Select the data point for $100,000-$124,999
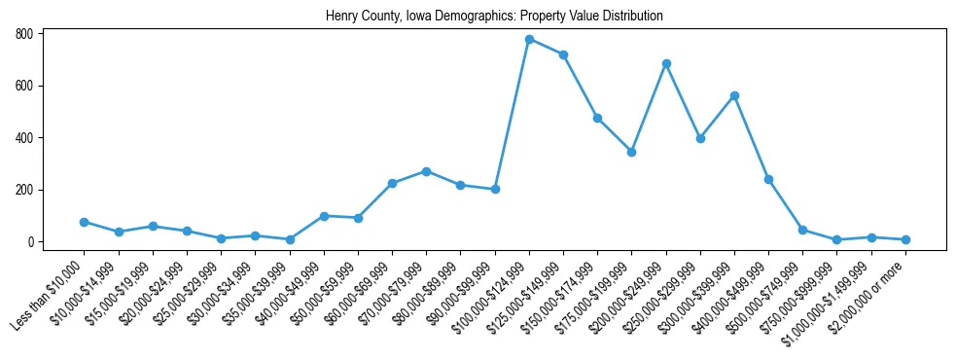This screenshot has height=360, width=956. click(x=529, y=39)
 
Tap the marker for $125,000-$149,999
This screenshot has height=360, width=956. click(x=563, y=54)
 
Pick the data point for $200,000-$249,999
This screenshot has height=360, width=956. click(x=666, y=63)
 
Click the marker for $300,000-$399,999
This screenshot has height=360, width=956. click(x=734, y=95)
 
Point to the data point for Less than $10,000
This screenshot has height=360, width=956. click(x=84, y=222)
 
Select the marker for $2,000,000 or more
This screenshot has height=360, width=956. click(x=905, y=239)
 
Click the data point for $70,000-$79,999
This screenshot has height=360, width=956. click(x=426, y=171)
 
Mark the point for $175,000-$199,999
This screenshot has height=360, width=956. click(x=631, y=152)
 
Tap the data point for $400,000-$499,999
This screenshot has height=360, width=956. click(x=768, y=179)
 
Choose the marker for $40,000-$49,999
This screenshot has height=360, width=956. click(x=324, y=216)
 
